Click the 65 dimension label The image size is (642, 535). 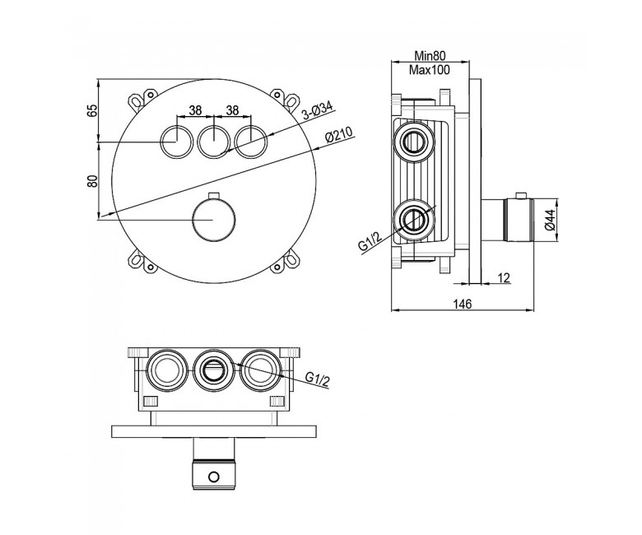tap(94, 110)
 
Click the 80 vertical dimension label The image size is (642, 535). tap(94, 181)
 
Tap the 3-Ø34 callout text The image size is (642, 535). tap(318, 110)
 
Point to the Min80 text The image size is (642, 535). tap(430, 56)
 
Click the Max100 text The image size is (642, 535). tap(430, 70)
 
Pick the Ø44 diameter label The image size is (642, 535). tap(551, 220)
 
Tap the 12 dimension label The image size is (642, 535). tap(505, 278)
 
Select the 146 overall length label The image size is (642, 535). tap(463, 305)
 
